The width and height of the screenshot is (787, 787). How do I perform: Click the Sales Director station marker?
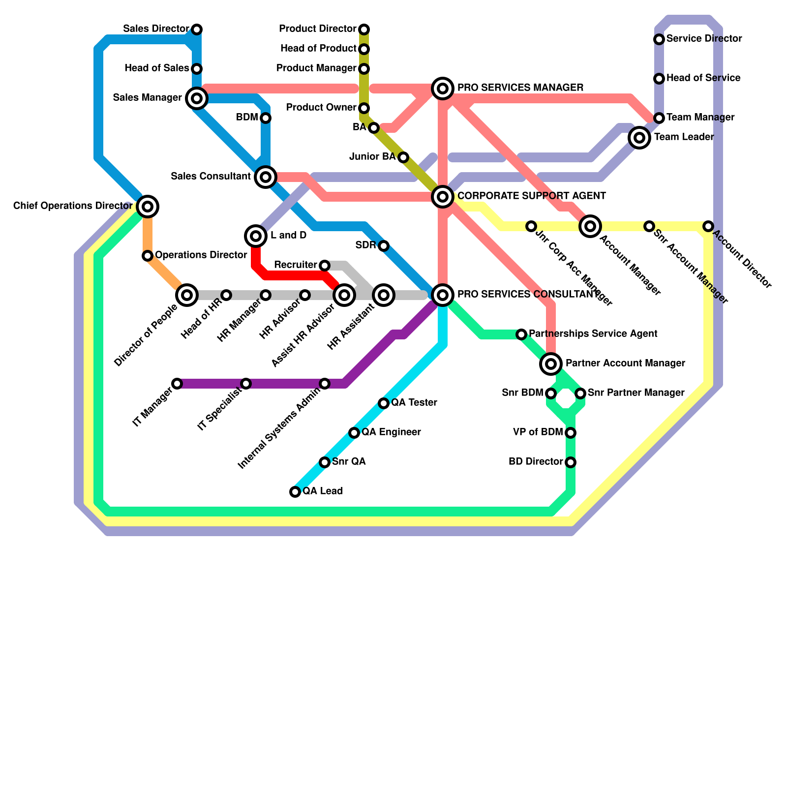(x=197, y=30)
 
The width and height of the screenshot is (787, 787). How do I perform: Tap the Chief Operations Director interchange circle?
(x=148, y=206)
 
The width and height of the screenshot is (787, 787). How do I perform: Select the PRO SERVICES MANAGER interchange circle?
(x=443, y=89)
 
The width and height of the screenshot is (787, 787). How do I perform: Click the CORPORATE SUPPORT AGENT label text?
(x=531, y=196)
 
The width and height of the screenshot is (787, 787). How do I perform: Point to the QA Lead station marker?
(x=295, y=492)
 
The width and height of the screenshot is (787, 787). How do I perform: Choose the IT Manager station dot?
(x=177, y=384)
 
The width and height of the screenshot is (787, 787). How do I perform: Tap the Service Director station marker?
(x=659, y=39)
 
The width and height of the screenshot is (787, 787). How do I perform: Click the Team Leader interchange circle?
(x=639, y=138)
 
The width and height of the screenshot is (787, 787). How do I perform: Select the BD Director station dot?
(x=571, y=462)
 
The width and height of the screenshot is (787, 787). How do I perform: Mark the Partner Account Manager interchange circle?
(x=551, y=364)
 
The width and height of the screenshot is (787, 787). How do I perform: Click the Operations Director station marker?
(x=148, y=256)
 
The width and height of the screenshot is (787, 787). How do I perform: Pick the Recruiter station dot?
(x=325, y=266)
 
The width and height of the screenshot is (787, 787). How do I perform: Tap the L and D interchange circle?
(x=256, y=236)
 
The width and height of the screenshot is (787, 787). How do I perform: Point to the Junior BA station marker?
(x=403, y=157)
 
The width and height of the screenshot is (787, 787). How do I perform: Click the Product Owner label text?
(x=321, y=108)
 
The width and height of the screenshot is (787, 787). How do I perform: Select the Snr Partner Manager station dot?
(x=580, y=393)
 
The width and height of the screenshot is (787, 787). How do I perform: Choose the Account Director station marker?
(x=708, y=226)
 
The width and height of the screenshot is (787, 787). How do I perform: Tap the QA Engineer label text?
(x=391, y=432)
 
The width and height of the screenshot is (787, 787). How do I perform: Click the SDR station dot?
(x=384, y=246)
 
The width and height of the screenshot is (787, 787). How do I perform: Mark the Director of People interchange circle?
(x=187, y=295)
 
